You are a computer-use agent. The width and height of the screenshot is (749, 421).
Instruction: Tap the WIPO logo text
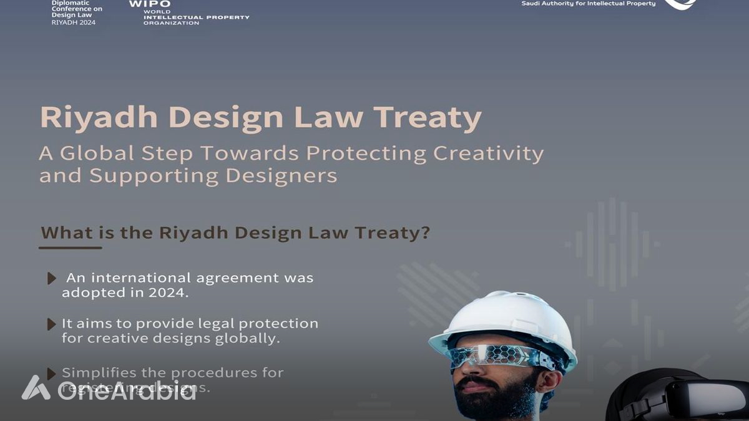[x=149, y=4]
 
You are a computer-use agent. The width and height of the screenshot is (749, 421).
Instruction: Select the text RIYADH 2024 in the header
[x=73, y=22]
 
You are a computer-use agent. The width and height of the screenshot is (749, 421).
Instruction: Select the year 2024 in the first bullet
[x=168, y=293]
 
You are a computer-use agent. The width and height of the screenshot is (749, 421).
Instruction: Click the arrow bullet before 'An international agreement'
[x=52, y=279]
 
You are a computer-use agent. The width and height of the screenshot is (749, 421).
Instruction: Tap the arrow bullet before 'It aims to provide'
[x=52, y=324]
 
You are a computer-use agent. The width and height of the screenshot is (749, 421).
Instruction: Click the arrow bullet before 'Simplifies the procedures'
[x=52, y=374]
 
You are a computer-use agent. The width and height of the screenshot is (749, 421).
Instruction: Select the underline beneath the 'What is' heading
[x=70, y=248]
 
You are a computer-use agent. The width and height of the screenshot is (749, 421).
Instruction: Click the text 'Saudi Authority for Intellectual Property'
[x=588, y=4]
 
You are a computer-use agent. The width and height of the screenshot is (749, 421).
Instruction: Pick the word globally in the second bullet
[x=248, y=339]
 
